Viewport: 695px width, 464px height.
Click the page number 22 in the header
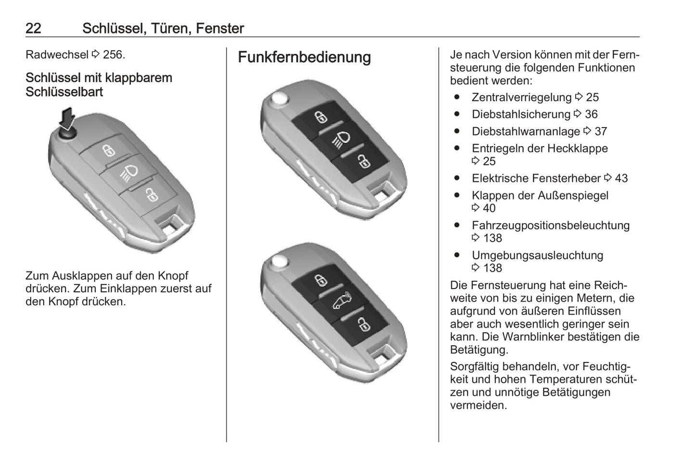point(33,28)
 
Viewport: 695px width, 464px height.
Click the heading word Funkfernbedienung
point(304,57)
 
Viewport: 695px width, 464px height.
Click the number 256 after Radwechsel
point(113,55)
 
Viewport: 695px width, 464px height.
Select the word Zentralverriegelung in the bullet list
point(521,97)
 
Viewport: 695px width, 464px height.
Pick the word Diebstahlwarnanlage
point(526,131)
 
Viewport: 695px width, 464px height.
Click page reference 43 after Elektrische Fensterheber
point(621,178)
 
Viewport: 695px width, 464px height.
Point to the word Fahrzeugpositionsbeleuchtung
point(551,225)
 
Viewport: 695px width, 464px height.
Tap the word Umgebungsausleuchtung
point(537,255)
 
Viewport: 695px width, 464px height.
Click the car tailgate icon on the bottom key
point(342,301)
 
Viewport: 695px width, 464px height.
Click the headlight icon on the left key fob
point(129,173)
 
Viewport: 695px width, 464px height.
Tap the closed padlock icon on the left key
point(109,150)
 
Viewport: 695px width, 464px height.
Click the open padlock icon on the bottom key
point(364,324)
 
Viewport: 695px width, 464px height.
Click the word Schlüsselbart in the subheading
point(64,92)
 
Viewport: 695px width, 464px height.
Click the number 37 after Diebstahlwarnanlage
point(601,131)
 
